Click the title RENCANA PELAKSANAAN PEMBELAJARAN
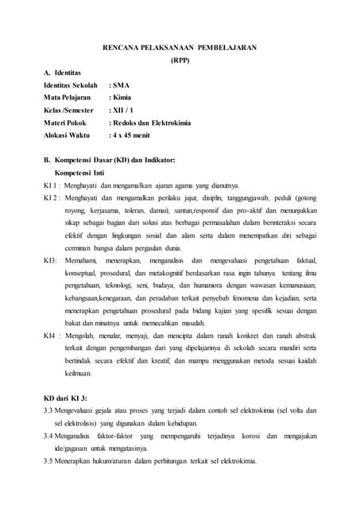tap(180, 48)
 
